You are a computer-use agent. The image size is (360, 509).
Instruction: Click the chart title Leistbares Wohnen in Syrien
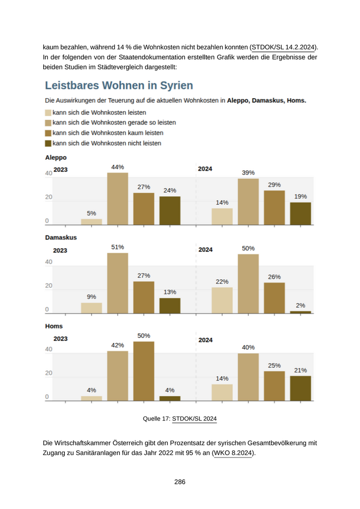pos(119,85)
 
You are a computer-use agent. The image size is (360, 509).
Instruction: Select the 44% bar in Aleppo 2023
pos(117,199)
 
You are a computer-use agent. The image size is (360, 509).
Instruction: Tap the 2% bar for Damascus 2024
pos(300,312)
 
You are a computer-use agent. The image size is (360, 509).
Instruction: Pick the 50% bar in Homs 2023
pos(143,371)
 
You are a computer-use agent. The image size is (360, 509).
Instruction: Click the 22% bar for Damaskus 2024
pos(222,300)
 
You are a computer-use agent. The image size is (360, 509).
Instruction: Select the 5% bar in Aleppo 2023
pos(92,222)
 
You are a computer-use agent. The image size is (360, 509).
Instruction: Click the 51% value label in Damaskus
pos(117,247)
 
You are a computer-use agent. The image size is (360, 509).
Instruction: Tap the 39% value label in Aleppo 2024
pos(248,173)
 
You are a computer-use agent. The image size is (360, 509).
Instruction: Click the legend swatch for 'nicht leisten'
pos(48,143)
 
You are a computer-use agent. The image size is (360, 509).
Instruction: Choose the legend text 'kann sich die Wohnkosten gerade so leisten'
pos(114,123)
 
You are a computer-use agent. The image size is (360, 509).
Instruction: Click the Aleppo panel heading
pos(56,158)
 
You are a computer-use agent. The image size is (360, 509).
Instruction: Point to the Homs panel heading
pos(54,326)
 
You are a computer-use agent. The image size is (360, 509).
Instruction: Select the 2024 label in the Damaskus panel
pos(205,250)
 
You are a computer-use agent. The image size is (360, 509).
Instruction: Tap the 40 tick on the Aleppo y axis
pos(48,173)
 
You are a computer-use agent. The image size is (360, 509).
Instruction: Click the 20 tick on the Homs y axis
pos(48,373)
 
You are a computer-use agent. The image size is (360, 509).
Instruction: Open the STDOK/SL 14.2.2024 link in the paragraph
pos(283,47)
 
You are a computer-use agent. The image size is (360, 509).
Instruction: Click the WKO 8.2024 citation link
pos(233,453)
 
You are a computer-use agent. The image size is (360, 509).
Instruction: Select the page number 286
pos(179,482)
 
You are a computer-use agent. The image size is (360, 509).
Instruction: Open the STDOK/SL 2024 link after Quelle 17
pos(194,419)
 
